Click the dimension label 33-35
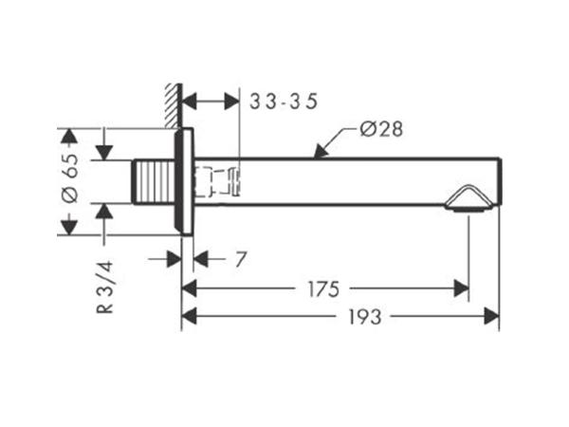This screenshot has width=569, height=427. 284,102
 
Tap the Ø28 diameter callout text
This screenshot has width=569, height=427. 381,129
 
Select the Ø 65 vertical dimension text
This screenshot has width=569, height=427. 70,178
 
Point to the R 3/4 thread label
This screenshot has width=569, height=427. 105,288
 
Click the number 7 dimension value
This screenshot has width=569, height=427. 241,259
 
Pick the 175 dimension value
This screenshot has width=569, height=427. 323,289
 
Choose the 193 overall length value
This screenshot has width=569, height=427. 365,317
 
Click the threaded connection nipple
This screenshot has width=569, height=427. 154,182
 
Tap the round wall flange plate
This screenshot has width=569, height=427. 184,181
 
